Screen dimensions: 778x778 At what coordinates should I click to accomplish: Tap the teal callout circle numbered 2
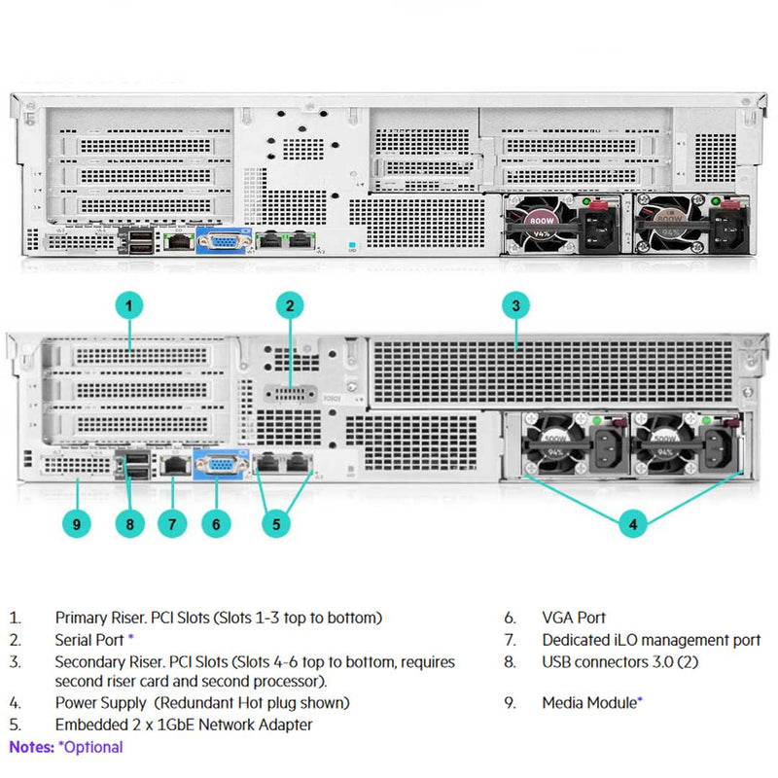289,306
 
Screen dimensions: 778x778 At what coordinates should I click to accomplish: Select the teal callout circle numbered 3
516,306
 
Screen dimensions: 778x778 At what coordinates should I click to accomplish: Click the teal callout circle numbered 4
633,524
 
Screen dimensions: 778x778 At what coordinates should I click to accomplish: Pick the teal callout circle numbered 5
276,524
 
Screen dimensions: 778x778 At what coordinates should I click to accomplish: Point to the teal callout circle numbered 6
217,524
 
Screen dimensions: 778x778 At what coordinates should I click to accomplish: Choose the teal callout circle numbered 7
172,524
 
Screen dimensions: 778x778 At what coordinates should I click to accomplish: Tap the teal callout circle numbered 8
129,524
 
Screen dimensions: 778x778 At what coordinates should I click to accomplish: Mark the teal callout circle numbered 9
77,524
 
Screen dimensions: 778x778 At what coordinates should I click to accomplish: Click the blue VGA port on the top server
224,240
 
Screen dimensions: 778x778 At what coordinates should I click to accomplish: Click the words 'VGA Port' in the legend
574,618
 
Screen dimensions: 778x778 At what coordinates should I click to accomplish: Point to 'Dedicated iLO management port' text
652,640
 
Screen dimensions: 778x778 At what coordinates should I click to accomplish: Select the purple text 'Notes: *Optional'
66,747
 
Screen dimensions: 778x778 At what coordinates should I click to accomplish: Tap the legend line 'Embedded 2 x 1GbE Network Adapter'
184,725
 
